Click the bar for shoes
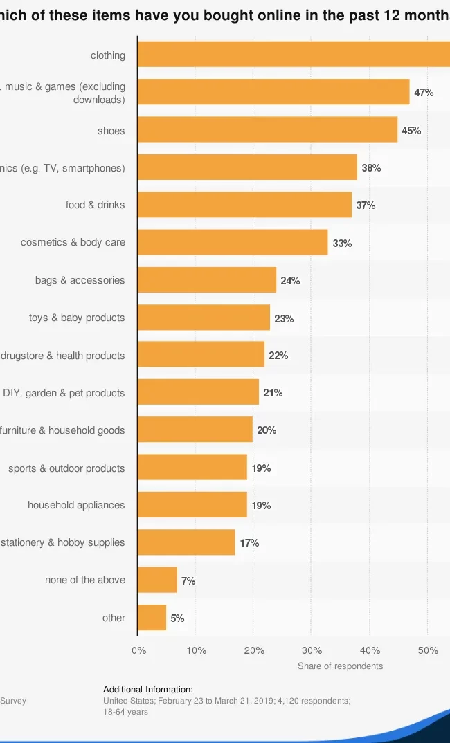(267, 129)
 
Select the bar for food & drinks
(244, 205)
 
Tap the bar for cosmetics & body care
(233, 242)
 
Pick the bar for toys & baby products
(204, 318)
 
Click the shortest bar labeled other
(152, 618)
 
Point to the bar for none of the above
(157, 580)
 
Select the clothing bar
(294, 54)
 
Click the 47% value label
(424, 93)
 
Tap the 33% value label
(342, 243)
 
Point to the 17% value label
(249, 543)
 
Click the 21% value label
(273, 393)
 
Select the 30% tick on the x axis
(312, 650)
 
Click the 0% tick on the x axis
(138, 650)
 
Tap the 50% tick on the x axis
(428, 650)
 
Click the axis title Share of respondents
(340, 666)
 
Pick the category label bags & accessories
(80, 280)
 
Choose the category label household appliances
(76, 505)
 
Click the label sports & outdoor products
(66, 468)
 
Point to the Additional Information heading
(148, 690)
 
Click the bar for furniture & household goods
(195, 430)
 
